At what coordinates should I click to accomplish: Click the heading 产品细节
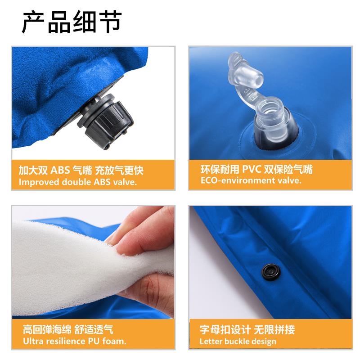coord(72,22)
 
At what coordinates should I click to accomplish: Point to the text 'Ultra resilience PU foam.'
coord(72,341)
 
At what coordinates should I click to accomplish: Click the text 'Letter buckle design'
coord(238,341)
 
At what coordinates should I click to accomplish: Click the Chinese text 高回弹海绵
coord(42,329)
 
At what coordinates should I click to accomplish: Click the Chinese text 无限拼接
coord(275,329)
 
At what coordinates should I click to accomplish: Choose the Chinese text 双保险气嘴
coord(288,170)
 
